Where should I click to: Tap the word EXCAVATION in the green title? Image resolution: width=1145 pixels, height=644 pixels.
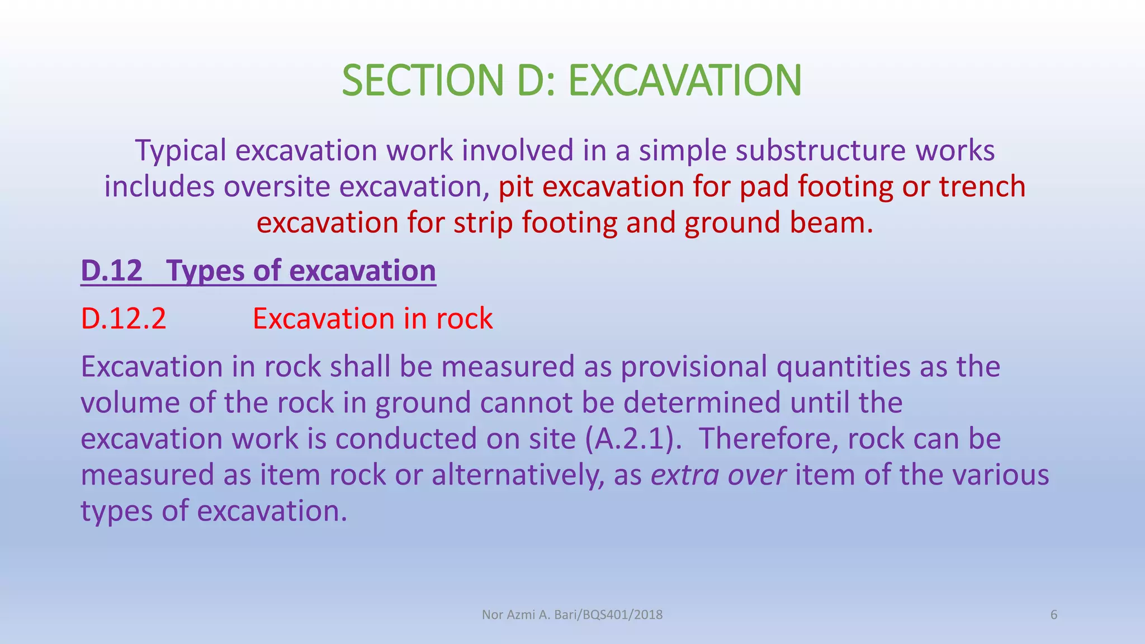685,80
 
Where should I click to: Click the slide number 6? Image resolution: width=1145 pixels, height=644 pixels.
1054,615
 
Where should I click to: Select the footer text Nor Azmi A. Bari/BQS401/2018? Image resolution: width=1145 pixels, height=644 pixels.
572,615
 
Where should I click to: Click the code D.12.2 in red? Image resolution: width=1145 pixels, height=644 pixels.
124,319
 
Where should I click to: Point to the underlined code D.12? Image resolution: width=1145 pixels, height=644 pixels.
112,271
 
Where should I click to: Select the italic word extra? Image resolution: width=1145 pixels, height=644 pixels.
685,475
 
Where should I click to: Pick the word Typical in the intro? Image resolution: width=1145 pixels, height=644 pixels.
181,151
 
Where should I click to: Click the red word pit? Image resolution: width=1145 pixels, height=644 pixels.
515,187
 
